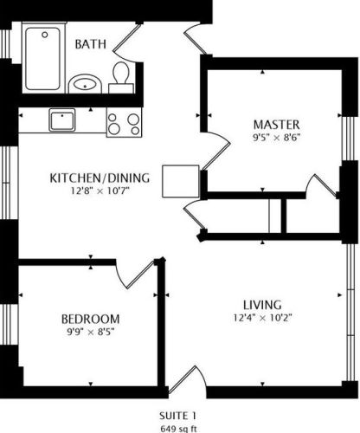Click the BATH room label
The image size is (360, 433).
(91, 44)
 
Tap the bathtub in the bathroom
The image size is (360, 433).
(42, 59)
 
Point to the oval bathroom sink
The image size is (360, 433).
(85, 84)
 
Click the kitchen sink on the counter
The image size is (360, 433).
(62, 120)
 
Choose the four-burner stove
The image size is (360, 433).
(124, 122)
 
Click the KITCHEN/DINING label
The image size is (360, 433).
(100, 178)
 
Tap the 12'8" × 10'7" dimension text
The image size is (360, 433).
(100, 191)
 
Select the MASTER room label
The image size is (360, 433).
(277, 125)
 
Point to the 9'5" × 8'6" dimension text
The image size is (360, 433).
(277, 138)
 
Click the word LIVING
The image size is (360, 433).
(262, 305)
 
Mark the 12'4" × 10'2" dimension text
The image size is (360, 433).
(262, 318)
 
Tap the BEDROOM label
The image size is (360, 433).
(91, 319)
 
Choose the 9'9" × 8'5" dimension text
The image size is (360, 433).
(91, 332)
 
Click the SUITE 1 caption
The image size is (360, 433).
(178, 416)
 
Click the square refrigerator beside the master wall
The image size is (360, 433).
(181, 181)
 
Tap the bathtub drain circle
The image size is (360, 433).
(45, 35)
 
